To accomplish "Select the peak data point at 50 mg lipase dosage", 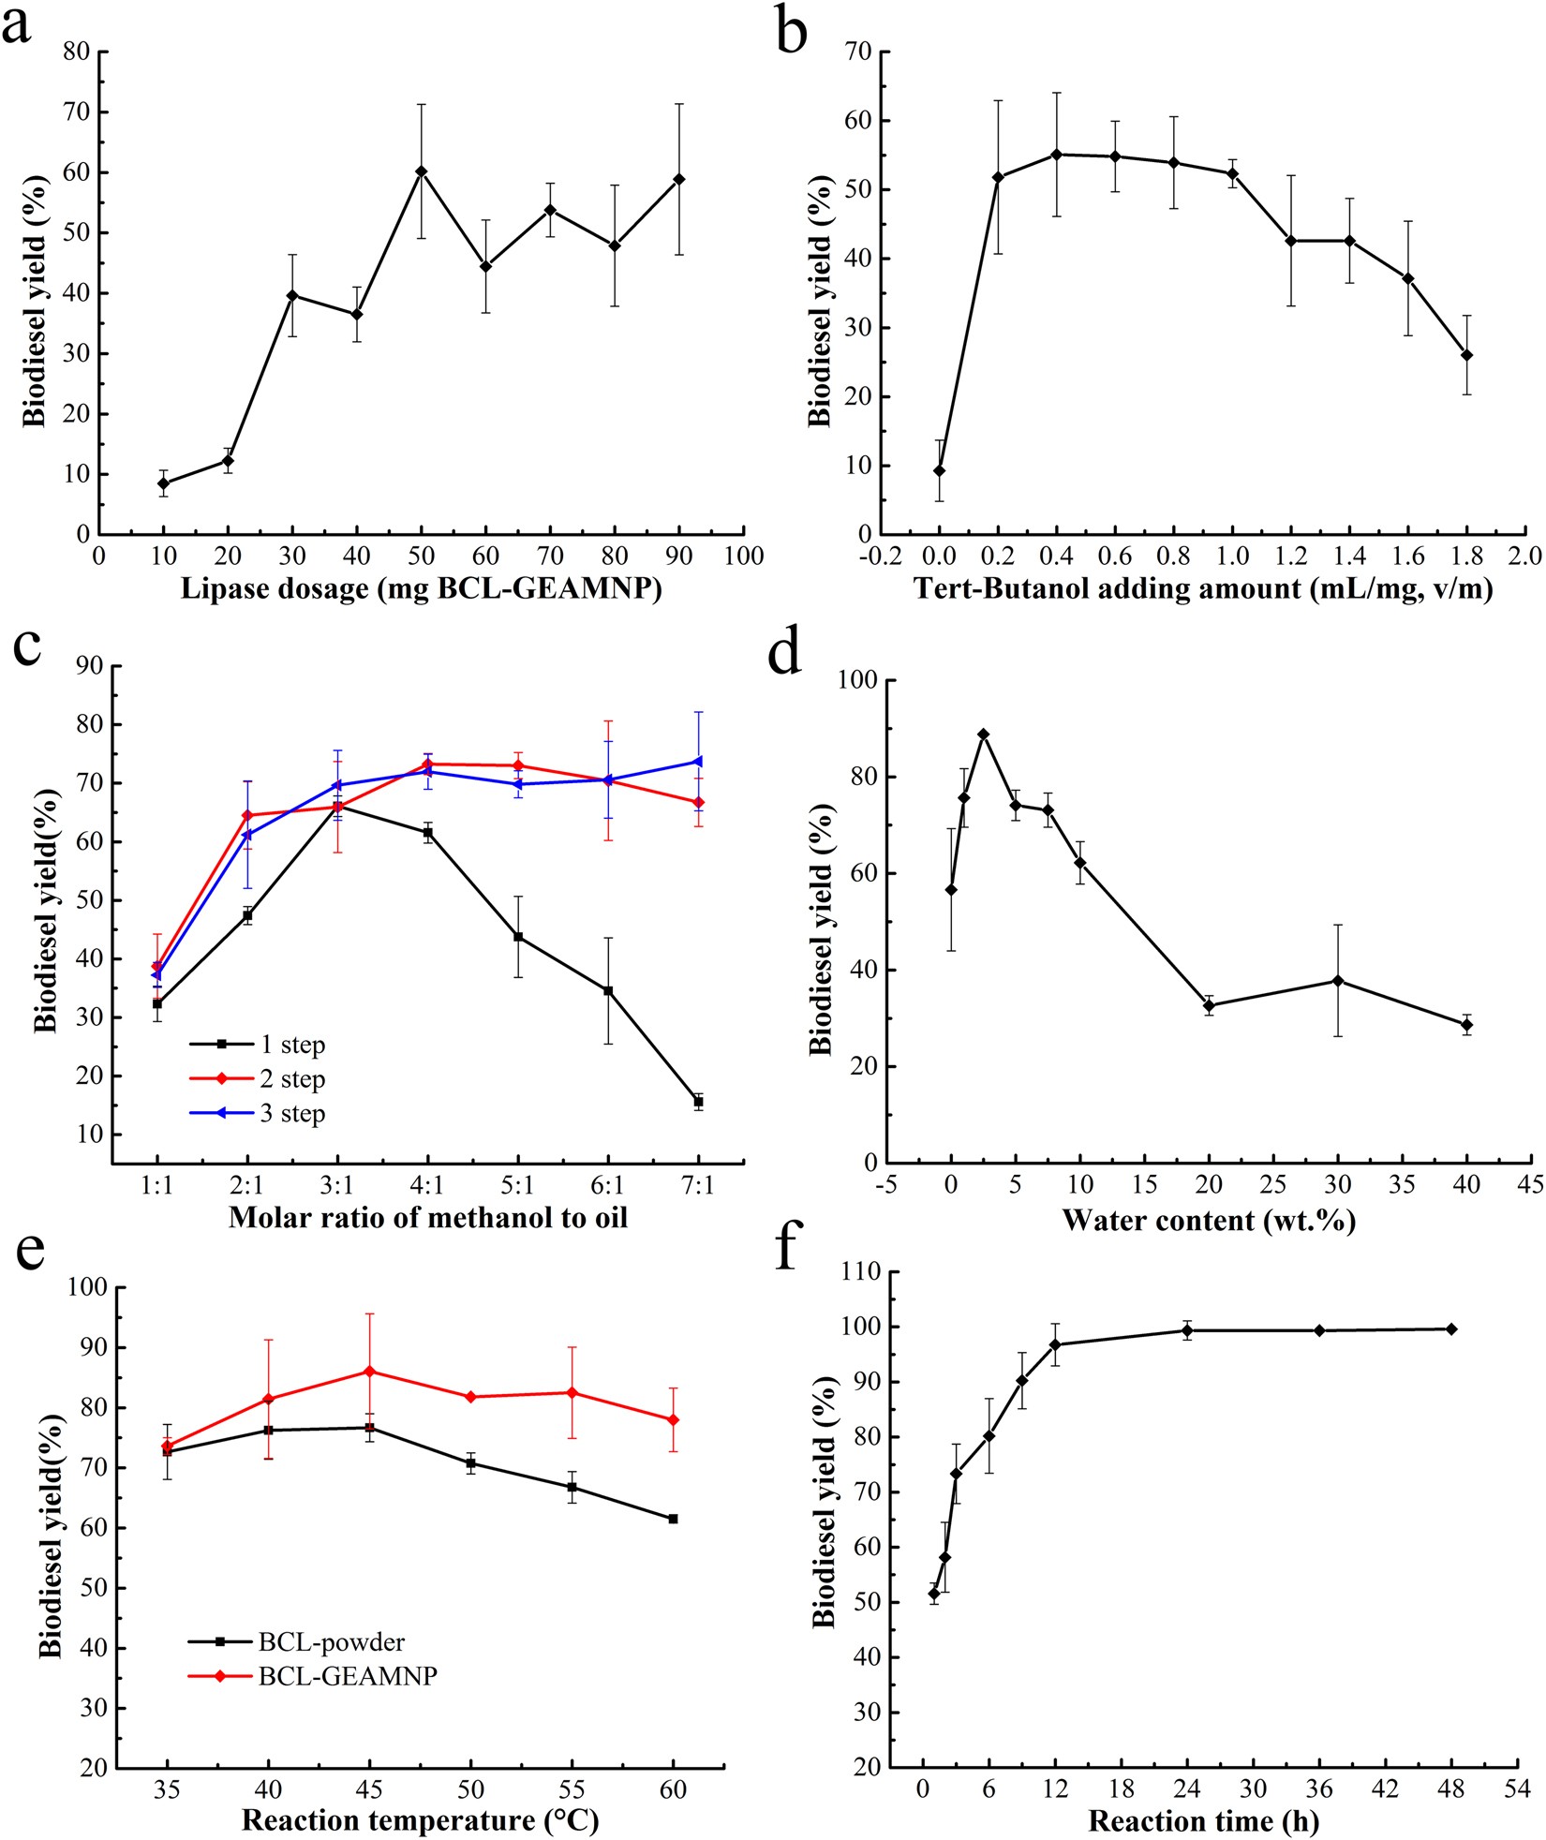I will pos(422,171).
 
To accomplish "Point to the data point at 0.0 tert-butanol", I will pos(939,471).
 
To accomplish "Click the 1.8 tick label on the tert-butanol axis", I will pos(1467,556).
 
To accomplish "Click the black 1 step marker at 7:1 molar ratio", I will pos(698,1102).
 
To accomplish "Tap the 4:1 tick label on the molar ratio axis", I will pos(427,1186).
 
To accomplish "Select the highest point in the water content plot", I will pos(983,735).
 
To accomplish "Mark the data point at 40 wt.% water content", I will pos(1466,1025).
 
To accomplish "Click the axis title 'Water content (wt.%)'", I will pos(1208,1221).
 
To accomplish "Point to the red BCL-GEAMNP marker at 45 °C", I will pos(369,1372).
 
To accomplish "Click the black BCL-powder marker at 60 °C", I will pos(673,1519).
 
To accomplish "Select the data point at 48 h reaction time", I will pos(1451,1329).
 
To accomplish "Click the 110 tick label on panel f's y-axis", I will pos(861,1271).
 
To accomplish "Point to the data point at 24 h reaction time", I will pos(1187,1330).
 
